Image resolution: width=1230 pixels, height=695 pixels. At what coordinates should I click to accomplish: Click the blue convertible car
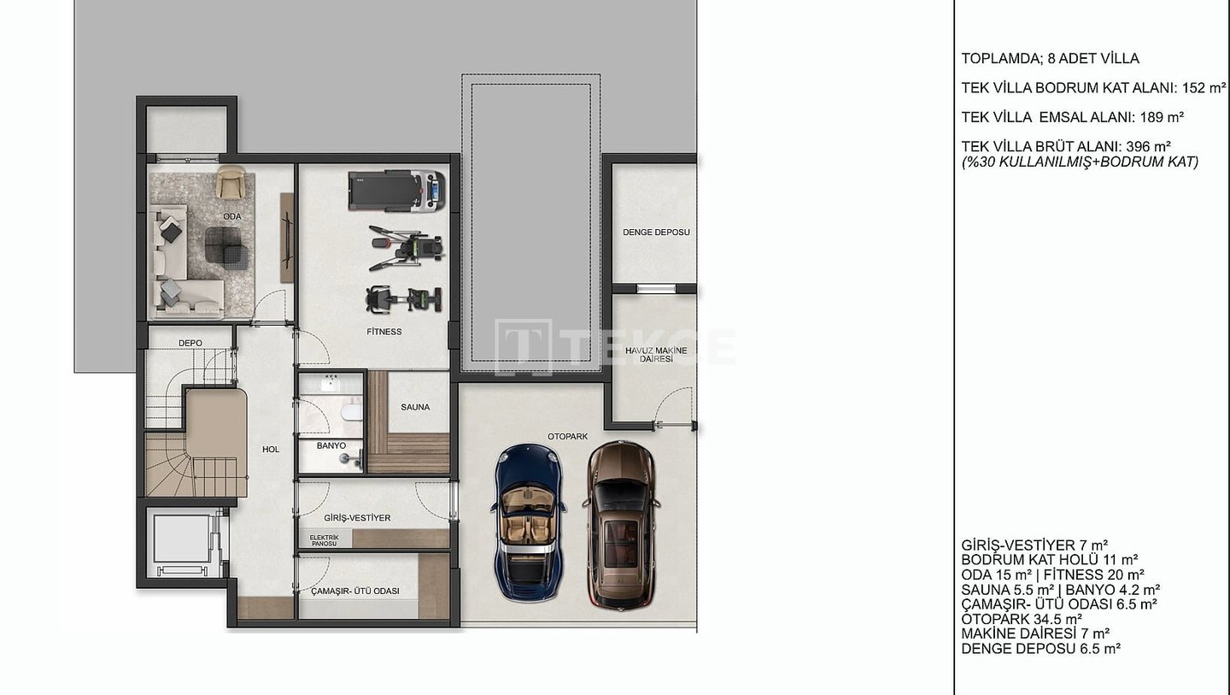[528, 522]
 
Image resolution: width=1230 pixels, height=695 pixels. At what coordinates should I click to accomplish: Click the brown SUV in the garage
[621, 524]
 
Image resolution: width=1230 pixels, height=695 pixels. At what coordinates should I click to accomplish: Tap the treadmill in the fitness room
[396, 191]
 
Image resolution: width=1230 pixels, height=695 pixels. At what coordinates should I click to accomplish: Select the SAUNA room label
[415, 407]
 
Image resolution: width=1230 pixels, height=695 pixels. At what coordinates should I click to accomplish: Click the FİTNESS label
[384, 332]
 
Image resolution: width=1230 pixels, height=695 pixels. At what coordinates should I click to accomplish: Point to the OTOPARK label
[568, 436]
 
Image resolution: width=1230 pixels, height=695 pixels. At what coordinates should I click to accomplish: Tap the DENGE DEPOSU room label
[656, 233]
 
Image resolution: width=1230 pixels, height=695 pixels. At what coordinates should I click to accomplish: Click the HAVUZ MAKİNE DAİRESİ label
[656, 355]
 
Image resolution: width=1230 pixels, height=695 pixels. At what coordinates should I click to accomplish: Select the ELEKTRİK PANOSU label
[324, 540]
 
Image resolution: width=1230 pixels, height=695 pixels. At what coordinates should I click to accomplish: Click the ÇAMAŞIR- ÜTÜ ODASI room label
[355, 592]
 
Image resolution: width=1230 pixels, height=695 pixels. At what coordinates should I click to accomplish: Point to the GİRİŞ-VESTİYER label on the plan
[357, 517]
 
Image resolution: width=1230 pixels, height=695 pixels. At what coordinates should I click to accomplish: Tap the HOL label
[271, 450]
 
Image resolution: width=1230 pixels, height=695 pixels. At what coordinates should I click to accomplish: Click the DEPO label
[190, 343]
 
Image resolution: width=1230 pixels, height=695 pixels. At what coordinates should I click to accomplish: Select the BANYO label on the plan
[331, 445]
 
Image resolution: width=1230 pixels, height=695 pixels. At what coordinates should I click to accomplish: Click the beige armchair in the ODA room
[231, 181]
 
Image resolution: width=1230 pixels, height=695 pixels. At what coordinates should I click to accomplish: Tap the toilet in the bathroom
[351, 411]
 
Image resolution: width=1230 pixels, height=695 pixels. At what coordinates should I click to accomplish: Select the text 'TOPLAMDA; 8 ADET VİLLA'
[1050, 58]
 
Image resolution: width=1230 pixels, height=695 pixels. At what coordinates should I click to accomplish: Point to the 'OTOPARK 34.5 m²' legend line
[1022, 619]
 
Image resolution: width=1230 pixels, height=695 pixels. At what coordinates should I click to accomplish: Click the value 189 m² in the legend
[1162, 117]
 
